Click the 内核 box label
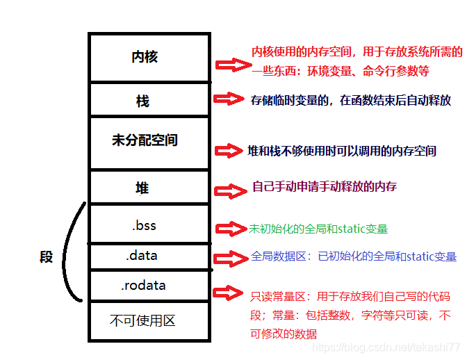145,57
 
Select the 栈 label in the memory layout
142,101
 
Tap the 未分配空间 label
145,140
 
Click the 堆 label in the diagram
142,188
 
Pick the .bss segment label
144,225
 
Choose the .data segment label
142,256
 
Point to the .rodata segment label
143,286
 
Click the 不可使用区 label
142,320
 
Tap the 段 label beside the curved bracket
46,257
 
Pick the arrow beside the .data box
231,259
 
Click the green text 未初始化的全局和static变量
318,228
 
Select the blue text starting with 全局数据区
354,256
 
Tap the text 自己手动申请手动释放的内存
325,188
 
